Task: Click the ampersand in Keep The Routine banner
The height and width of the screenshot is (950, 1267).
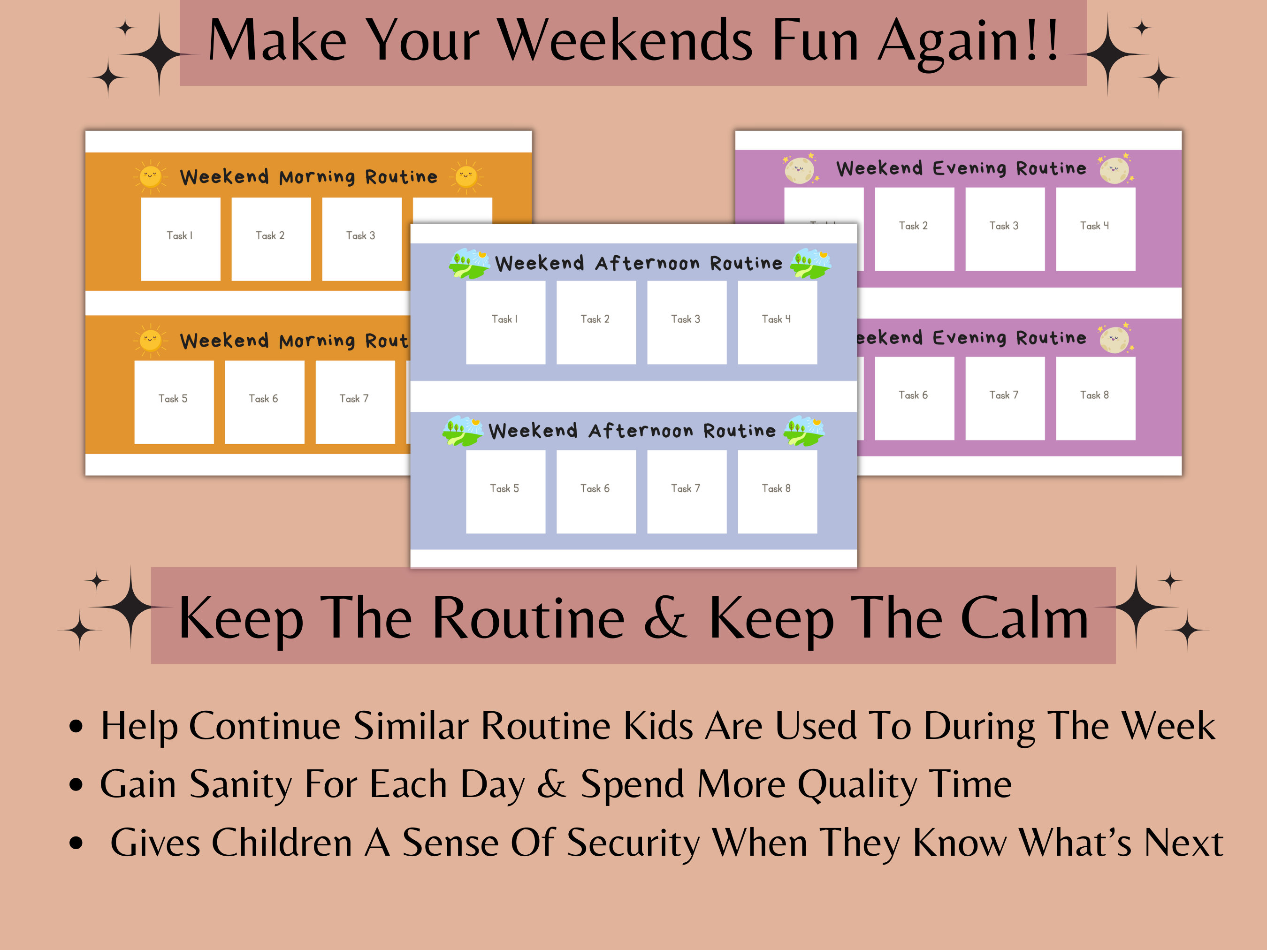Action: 664,618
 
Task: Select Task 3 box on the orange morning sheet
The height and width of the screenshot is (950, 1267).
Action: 361,239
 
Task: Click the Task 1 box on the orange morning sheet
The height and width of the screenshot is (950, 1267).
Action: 180,239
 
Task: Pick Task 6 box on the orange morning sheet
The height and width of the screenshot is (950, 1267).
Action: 264,402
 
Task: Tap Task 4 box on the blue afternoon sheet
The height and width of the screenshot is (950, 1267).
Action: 777,322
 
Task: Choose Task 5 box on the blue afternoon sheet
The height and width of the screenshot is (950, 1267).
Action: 505,491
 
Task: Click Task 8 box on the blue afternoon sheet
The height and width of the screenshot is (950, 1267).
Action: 777,491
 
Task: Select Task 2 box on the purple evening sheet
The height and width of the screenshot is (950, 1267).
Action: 914,228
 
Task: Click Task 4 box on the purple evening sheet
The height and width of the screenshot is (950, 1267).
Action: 1095,228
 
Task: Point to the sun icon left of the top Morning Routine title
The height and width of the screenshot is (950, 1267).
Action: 151,176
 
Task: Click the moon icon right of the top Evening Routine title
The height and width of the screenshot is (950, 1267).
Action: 1114,169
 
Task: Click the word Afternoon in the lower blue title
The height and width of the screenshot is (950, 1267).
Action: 641,431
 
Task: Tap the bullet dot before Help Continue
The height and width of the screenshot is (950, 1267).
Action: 76,726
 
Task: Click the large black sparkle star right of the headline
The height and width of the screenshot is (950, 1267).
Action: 1108,54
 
